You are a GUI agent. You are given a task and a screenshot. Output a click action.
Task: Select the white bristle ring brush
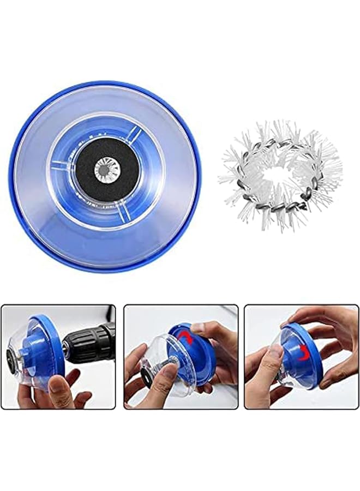281,147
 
